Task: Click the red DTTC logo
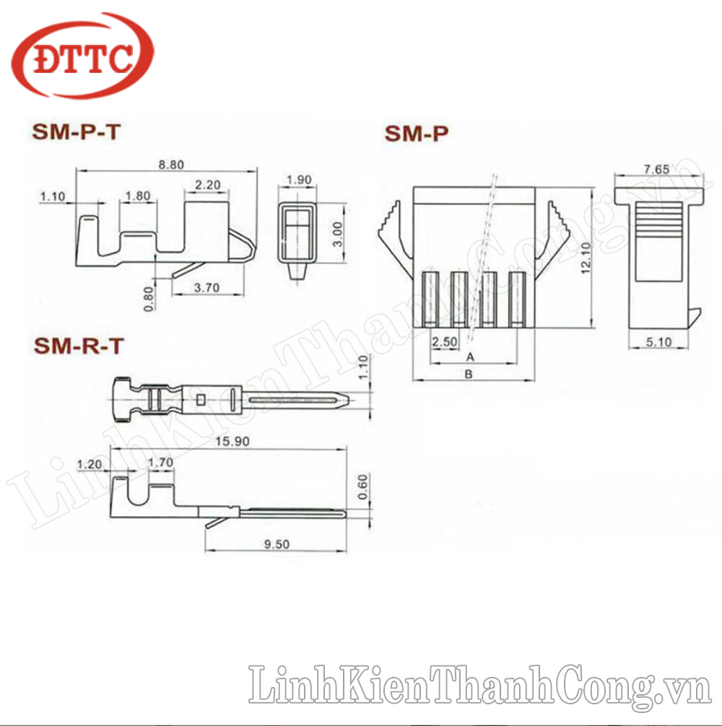pos(82,56)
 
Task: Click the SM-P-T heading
pos(76,132)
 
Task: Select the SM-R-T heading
pos(78,346)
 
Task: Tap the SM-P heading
pos(417,134)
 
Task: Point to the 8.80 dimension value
pos(171,165)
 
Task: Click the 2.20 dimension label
pos(207,185)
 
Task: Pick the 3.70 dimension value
pos(206,287)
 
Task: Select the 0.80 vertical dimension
pos(148,299)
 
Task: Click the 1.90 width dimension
pos(299,180)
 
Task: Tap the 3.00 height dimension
pos(338,235)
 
